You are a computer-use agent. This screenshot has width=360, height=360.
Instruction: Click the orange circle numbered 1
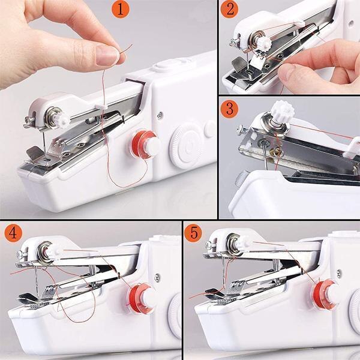point(121,10)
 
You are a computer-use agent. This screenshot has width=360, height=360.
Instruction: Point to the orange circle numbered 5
point(193,233)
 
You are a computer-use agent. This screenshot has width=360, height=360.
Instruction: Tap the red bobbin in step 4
point(140,298)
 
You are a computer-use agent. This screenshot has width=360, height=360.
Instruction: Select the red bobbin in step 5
point(324,295)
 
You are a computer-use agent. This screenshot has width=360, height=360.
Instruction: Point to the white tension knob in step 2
point(263,43)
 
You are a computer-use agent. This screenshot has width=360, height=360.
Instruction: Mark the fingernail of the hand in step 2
point(287,72)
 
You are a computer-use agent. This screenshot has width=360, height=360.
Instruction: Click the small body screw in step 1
point(160,116)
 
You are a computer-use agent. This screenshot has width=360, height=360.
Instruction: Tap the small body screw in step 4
point(157,277)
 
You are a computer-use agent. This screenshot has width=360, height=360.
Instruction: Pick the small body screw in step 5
point(339,274)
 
